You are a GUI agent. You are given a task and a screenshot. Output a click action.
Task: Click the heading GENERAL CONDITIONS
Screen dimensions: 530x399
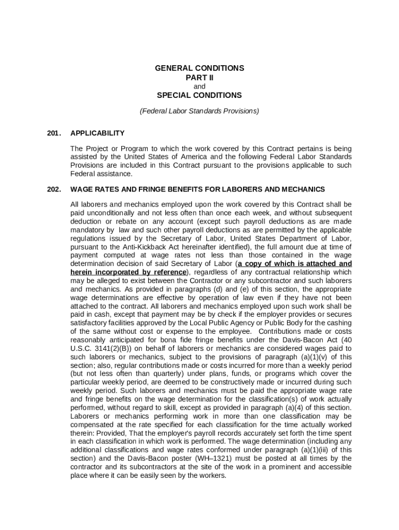point(199,68)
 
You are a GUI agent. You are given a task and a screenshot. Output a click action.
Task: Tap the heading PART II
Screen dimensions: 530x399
point(199,78)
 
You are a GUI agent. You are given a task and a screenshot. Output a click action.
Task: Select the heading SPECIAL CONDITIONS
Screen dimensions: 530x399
point(199,95)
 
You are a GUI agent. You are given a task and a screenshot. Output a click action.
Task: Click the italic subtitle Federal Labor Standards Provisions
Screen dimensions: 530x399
point(199,111)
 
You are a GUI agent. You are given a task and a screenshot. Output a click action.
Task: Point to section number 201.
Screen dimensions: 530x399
point(53,133)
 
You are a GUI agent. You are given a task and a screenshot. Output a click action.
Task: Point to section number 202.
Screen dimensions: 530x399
point(53,189)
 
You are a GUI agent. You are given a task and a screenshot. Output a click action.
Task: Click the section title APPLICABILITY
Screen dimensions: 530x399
point(97,133)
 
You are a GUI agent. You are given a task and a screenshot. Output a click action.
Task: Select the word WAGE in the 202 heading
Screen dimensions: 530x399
point(82,189)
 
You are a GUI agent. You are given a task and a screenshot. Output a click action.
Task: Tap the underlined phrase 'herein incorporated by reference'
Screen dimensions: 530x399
point(129,272)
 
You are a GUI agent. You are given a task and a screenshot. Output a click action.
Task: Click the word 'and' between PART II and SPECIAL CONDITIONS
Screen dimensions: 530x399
point(199,86)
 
